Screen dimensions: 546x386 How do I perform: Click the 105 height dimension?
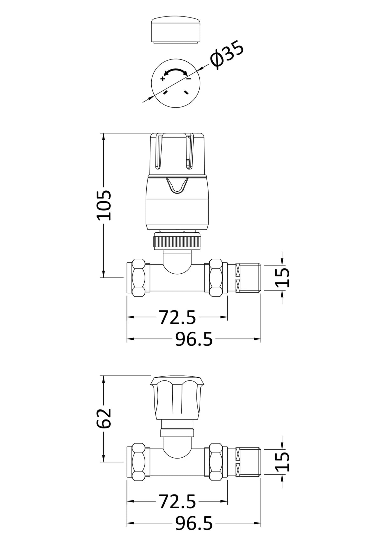[104, 205]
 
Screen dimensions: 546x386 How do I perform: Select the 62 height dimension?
[104, 418]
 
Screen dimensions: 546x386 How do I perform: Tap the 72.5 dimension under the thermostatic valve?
[177, 317]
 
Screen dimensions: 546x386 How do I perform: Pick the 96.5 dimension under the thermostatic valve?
[194, 339]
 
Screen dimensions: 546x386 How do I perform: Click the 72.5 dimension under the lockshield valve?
[177, 502]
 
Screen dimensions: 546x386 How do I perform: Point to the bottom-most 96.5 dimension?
[194, 523]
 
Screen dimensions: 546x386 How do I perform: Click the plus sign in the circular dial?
[162, 79]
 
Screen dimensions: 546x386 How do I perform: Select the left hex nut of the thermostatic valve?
[138, 277]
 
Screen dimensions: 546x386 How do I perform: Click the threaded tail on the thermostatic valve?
[248, 277]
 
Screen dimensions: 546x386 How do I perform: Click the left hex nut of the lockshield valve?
[138, 462]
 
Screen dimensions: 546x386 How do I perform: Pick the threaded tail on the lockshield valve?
[248, 462]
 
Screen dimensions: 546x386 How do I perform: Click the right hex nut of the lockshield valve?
[216, 462]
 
